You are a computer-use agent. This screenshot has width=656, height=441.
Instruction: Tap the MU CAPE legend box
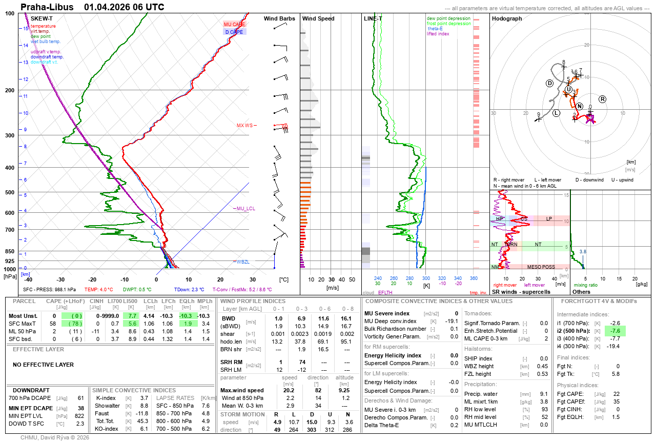pos(234,24)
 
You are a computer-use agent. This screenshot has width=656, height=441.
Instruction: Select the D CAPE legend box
pos(234,32)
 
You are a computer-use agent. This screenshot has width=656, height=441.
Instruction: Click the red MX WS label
pos(244,126)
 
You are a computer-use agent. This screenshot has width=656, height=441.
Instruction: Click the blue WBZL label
pos(242,262)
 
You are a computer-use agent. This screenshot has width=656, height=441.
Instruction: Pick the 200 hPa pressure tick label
pos(10,90)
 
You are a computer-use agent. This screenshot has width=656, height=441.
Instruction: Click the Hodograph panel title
pos(506,18)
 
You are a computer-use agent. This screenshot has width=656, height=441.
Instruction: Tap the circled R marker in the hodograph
pos(603,99)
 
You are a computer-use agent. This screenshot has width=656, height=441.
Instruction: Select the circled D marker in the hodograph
pos(550,84)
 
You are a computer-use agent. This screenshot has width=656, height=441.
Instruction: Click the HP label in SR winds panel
pos(500,219)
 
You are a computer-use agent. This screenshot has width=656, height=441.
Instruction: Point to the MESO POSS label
pos(541,267)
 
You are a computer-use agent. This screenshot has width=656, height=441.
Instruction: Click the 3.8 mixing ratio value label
pos(583,252)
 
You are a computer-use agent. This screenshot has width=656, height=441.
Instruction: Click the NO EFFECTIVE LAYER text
pos(43,365)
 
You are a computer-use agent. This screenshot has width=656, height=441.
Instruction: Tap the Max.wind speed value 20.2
pos(289,390)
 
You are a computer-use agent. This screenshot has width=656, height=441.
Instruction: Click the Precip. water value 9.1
pos(544,394)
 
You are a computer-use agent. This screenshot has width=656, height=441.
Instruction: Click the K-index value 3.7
pos(144,398)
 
